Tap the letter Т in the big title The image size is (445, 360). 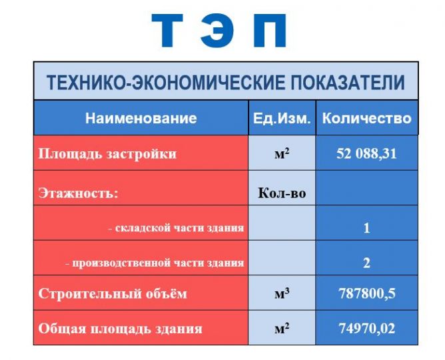pyautogui.click(x=167, y=31)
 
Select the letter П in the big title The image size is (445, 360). pyautogui.click(x=270, y=31)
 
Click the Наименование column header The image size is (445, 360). pyautogui.click(x=141, y=118)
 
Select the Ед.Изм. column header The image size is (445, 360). pyautogui.click(x=282, y=118)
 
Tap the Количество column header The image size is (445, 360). pyautogui.click(x=366, y=118)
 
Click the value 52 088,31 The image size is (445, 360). pyautogui.click(x=366, y=153)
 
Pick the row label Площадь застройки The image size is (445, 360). pyautogui.click(x=107, y=154)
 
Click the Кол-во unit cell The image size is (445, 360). pyautogui.click(x=282, y=193)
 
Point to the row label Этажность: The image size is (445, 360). pyautogui.click(x=78, y=193)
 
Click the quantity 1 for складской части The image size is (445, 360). pyautogui.click(x=366, y=228)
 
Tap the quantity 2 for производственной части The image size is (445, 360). pyautogui.click(x=366, y=263)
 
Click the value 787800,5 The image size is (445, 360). pyautogui.click(x=366, y=293)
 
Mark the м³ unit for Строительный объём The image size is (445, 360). pyautogui.click(x=282, y=293)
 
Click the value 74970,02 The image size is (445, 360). pyautogui.click(x=366, y=329)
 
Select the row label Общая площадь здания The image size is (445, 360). pyautogui.click(x=121, y=329)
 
